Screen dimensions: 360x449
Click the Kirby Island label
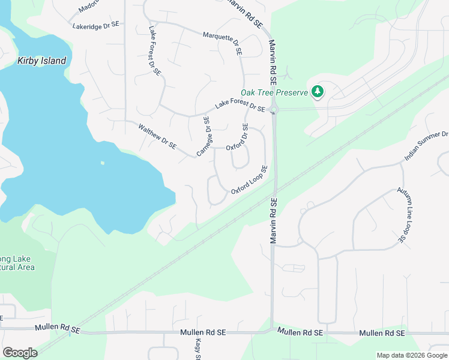click(x=41, y=61)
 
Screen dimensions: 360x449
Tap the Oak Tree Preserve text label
click(x=274, y=92)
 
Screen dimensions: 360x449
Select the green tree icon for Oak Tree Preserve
click(x=318, y=92)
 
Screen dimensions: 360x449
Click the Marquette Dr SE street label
click(x=222, y=44)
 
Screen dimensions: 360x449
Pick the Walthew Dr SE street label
click(x=157, y=136)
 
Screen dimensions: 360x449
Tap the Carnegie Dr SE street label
click(x=204, y=136)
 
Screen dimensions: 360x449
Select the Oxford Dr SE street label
click(x=237, y=137)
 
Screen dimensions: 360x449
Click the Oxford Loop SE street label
click(x=249, y=180)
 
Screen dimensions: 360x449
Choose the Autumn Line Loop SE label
click(x=408, y=215)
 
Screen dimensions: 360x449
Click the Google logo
click(x=20, y=352)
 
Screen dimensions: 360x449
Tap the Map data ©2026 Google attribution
click(x=411, y=355)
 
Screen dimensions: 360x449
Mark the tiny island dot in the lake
click(x=103, y=163)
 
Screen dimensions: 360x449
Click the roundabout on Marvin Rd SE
click(x=274, y=110)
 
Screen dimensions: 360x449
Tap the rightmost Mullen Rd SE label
click(x=382, y=333)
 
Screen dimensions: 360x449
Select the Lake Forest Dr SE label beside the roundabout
click(x=240, y=106)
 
